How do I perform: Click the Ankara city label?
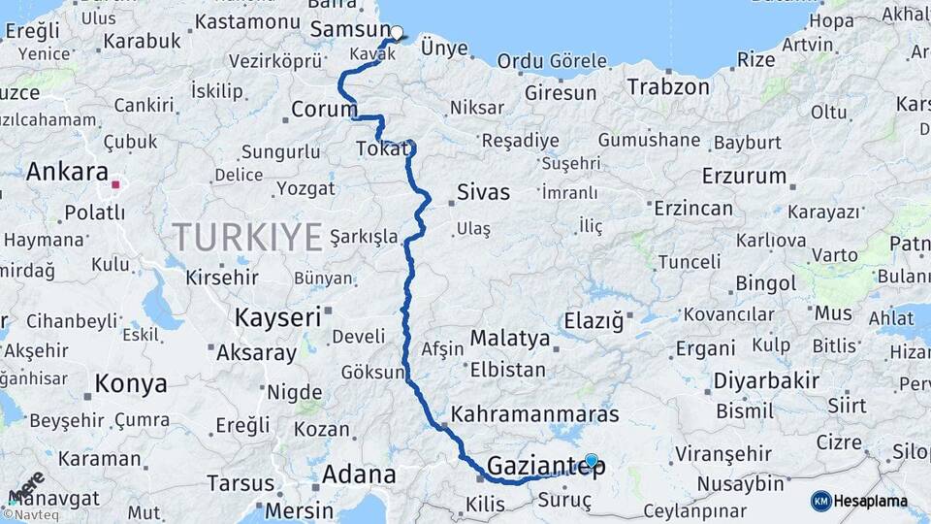point(67,172)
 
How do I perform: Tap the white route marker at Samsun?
point(396,32)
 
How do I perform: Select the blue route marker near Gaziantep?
point(591,460)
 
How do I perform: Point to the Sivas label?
point(483,192)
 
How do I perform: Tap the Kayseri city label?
point(277,316)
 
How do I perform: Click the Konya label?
point(131,384)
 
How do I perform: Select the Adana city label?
point(360,475)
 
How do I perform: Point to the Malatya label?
point(510,340)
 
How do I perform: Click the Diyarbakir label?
point(766,379)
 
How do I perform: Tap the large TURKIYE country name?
point(247,236)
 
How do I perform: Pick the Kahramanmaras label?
point(534,414)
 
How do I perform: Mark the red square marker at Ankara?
point(115,183)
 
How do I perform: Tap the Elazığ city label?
point(594,319)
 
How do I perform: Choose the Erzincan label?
point(692,208)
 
